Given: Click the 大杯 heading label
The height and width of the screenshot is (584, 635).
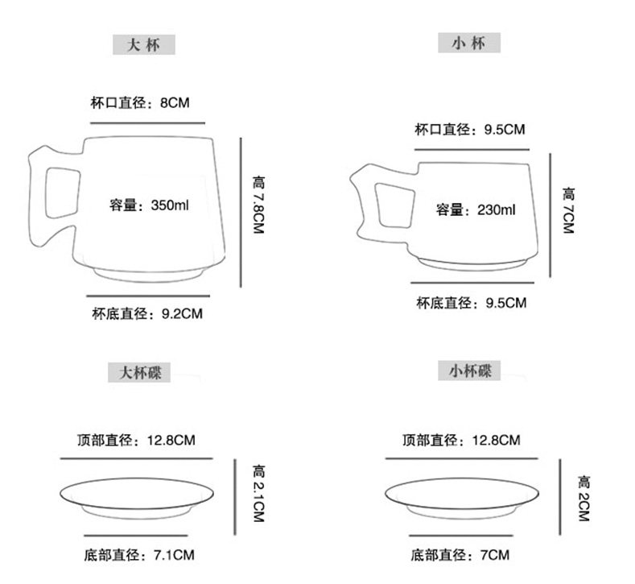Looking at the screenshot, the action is tap(142, 44).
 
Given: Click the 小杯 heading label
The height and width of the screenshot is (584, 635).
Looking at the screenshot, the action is tap(469, 43).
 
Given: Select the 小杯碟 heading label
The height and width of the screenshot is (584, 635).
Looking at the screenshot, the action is tap(469, 371).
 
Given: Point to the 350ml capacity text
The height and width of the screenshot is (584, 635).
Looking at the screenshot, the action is tap(170, 205).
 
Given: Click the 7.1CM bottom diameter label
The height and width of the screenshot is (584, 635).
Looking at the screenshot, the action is tap(172, 555).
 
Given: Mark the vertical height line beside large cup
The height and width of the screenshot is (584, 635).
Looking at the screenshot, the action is tap(241, 211).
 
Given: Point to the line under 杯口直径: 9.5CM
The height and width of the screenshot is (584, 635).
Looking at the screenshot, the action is tap(471, 148).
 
